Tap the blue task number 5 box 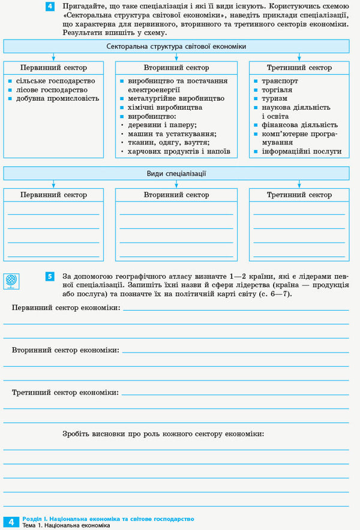pos(50,276)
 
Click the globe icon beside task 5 pos(12,280)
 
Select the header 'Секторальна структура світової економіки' pos(176,46)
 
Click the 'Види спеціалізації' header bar pos(176,174)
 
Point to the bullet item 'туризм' pos(274,98)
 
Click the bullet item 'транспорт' pos(279,80)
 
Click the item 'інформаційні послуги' pos(301,151)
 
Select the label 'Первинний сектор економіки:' pos(66,308)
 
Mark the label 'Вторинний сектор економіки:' pos(65,350)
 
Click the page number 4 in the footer pos(11,521)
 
